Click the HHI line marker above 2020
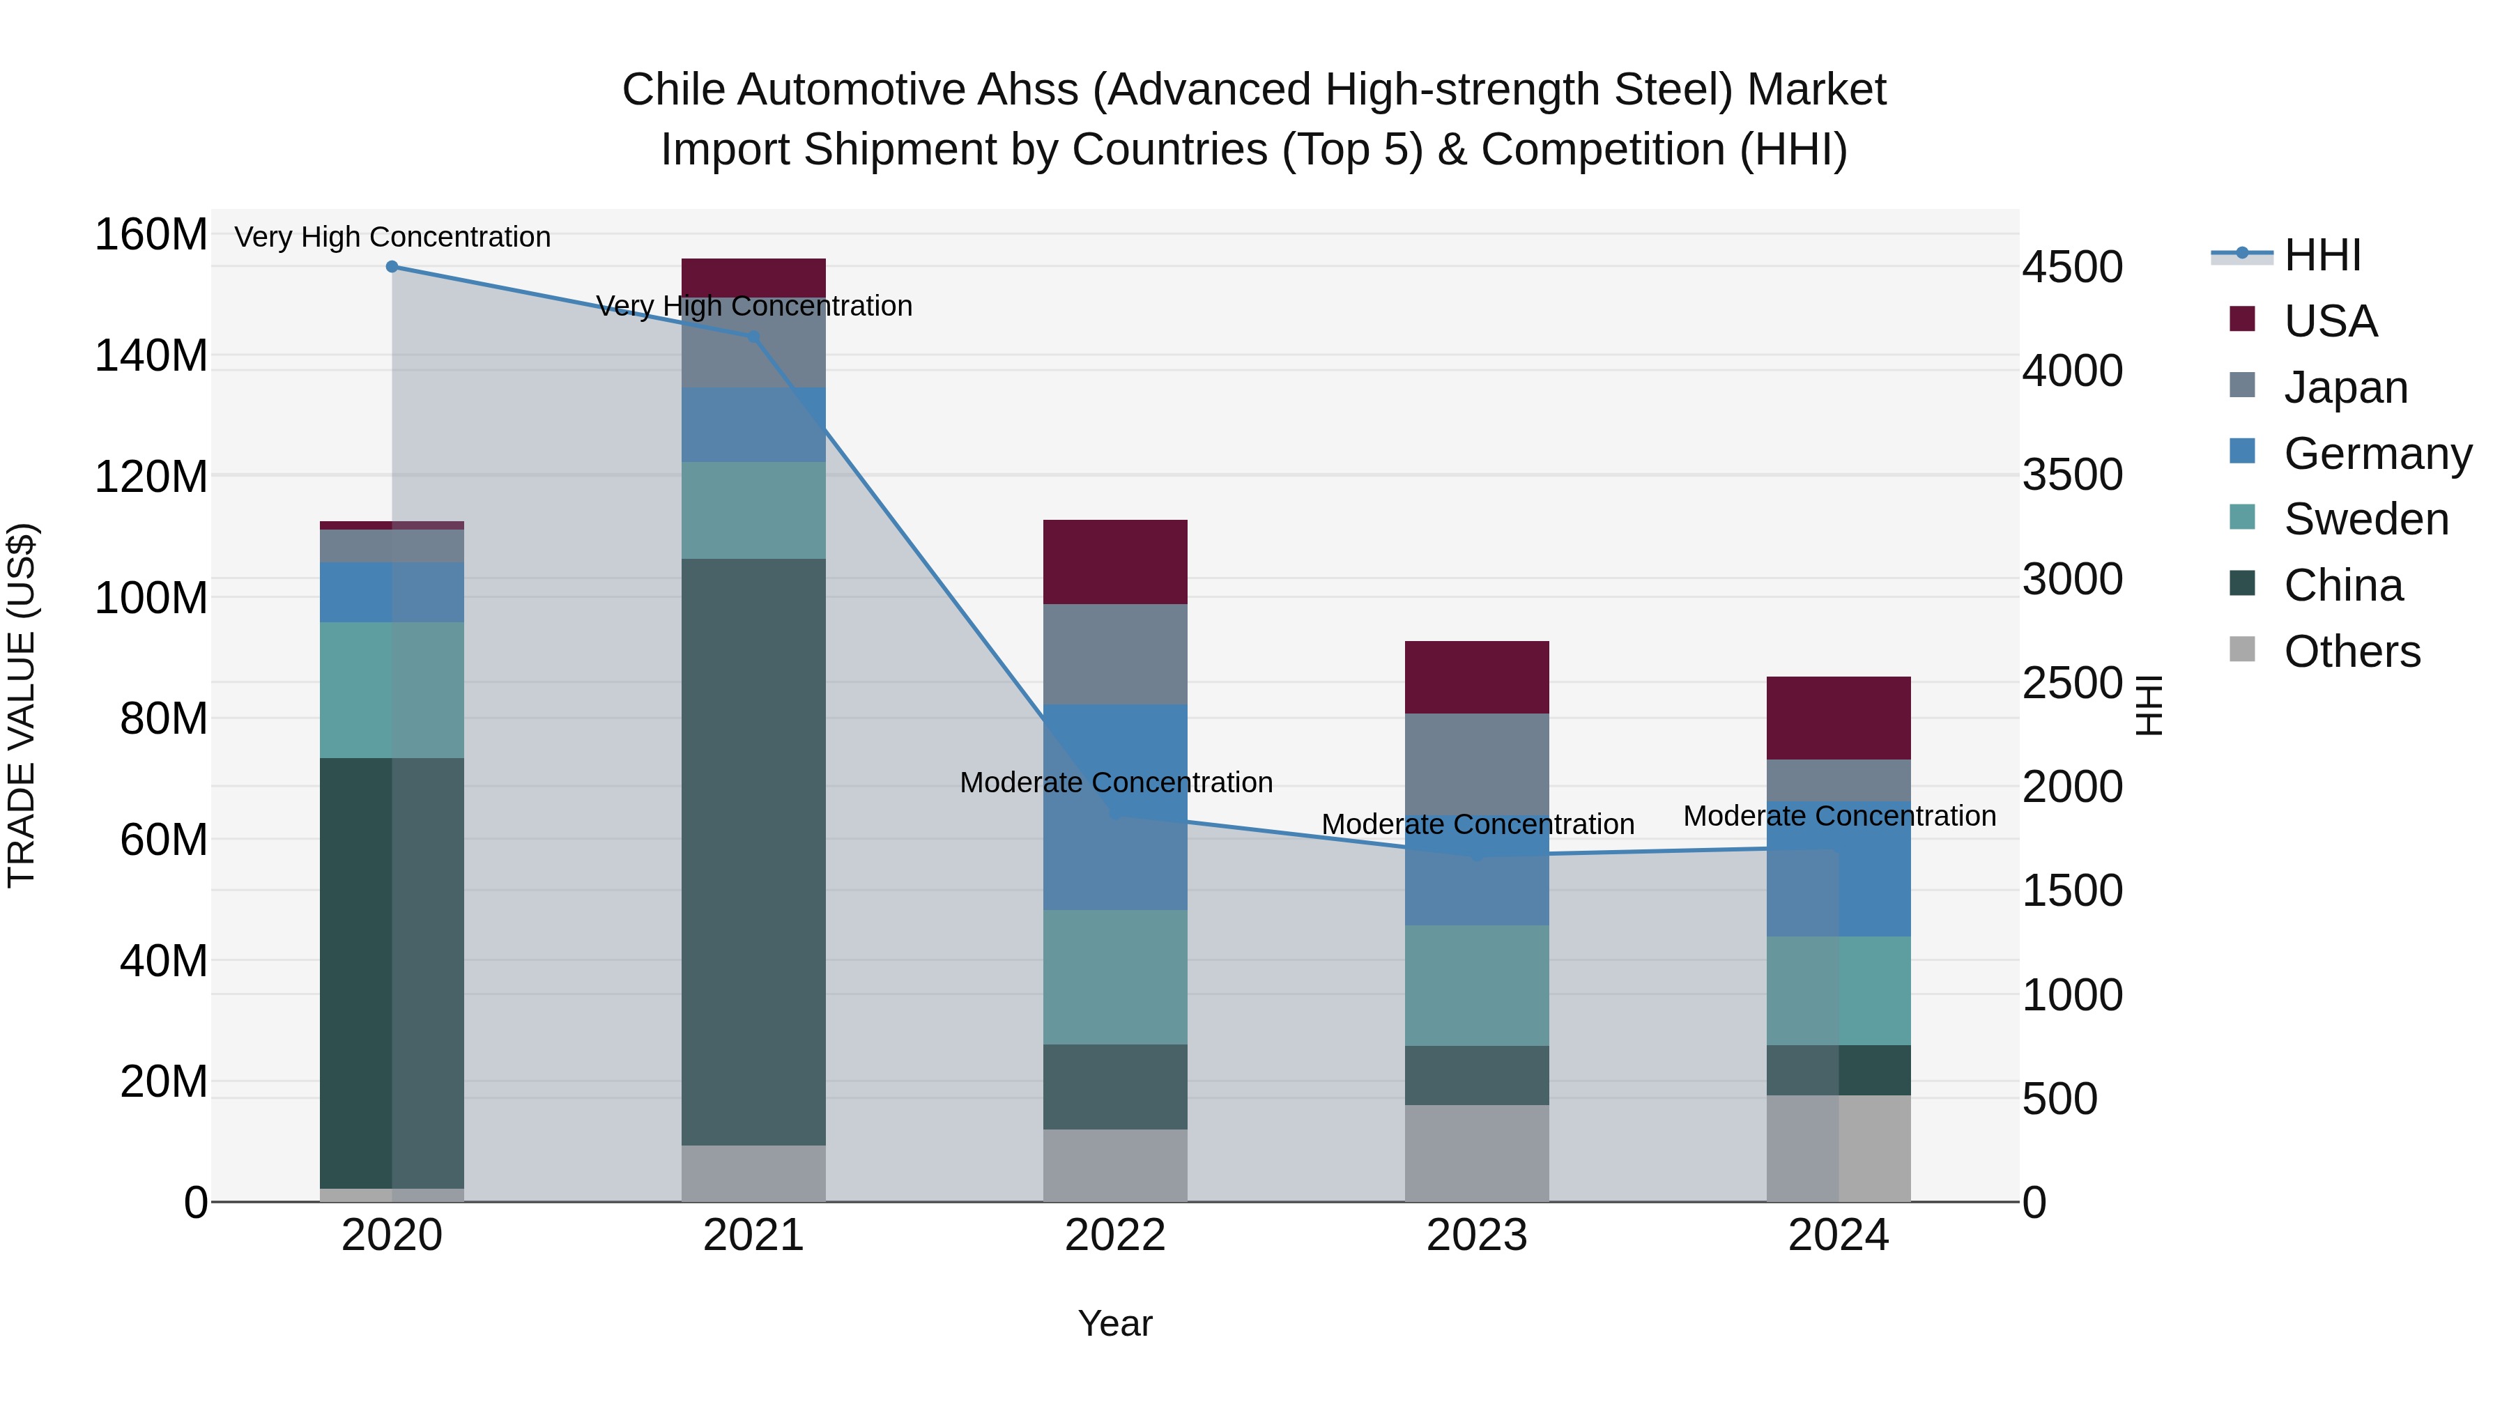pos(392,267)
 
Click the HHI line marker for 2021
pos(753,337)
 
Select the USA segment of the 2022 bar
pos(1115,562)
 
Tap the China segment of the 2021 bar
pos(753,852)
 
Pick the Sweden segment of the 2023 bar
pos(1477,985)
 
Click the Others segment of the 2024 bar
pos(1839,1149)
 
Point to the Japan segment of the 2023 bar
pos(1477,764)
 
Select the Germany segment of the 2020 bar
pos(392,592)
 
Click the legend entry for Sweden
pos(2365,519)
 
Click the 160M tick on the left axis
pos(151,235)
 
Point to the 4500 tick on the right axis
pos(2073,267)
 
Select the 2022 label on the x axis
pos(1115,1235)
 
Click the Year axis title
pos(1115,1323)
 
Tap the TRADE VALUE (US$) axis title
pos(22,705)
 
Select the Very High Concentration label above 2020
pos(392,237)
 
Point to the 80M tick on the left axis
pos(164,718)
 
